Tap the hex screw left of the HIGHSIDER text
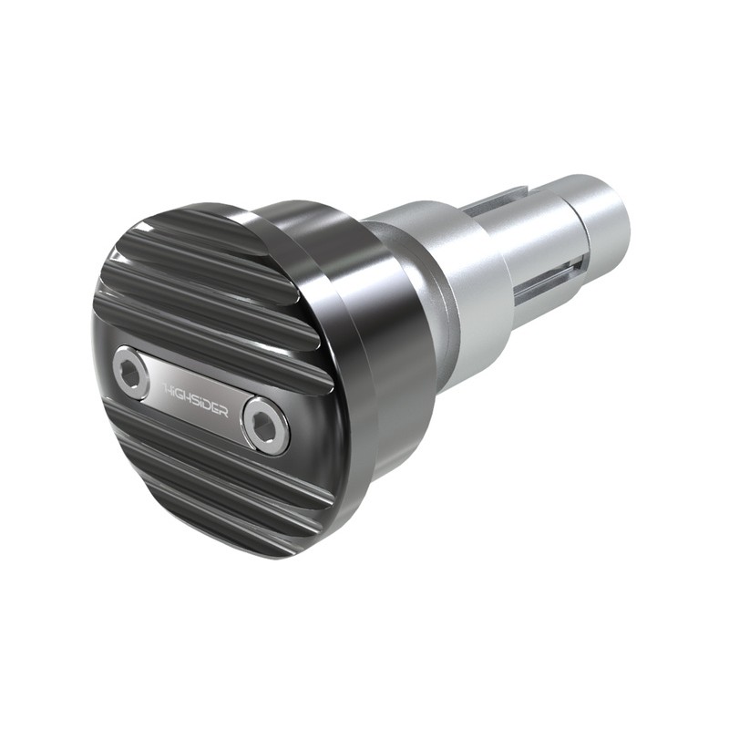tap(131, 374)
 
